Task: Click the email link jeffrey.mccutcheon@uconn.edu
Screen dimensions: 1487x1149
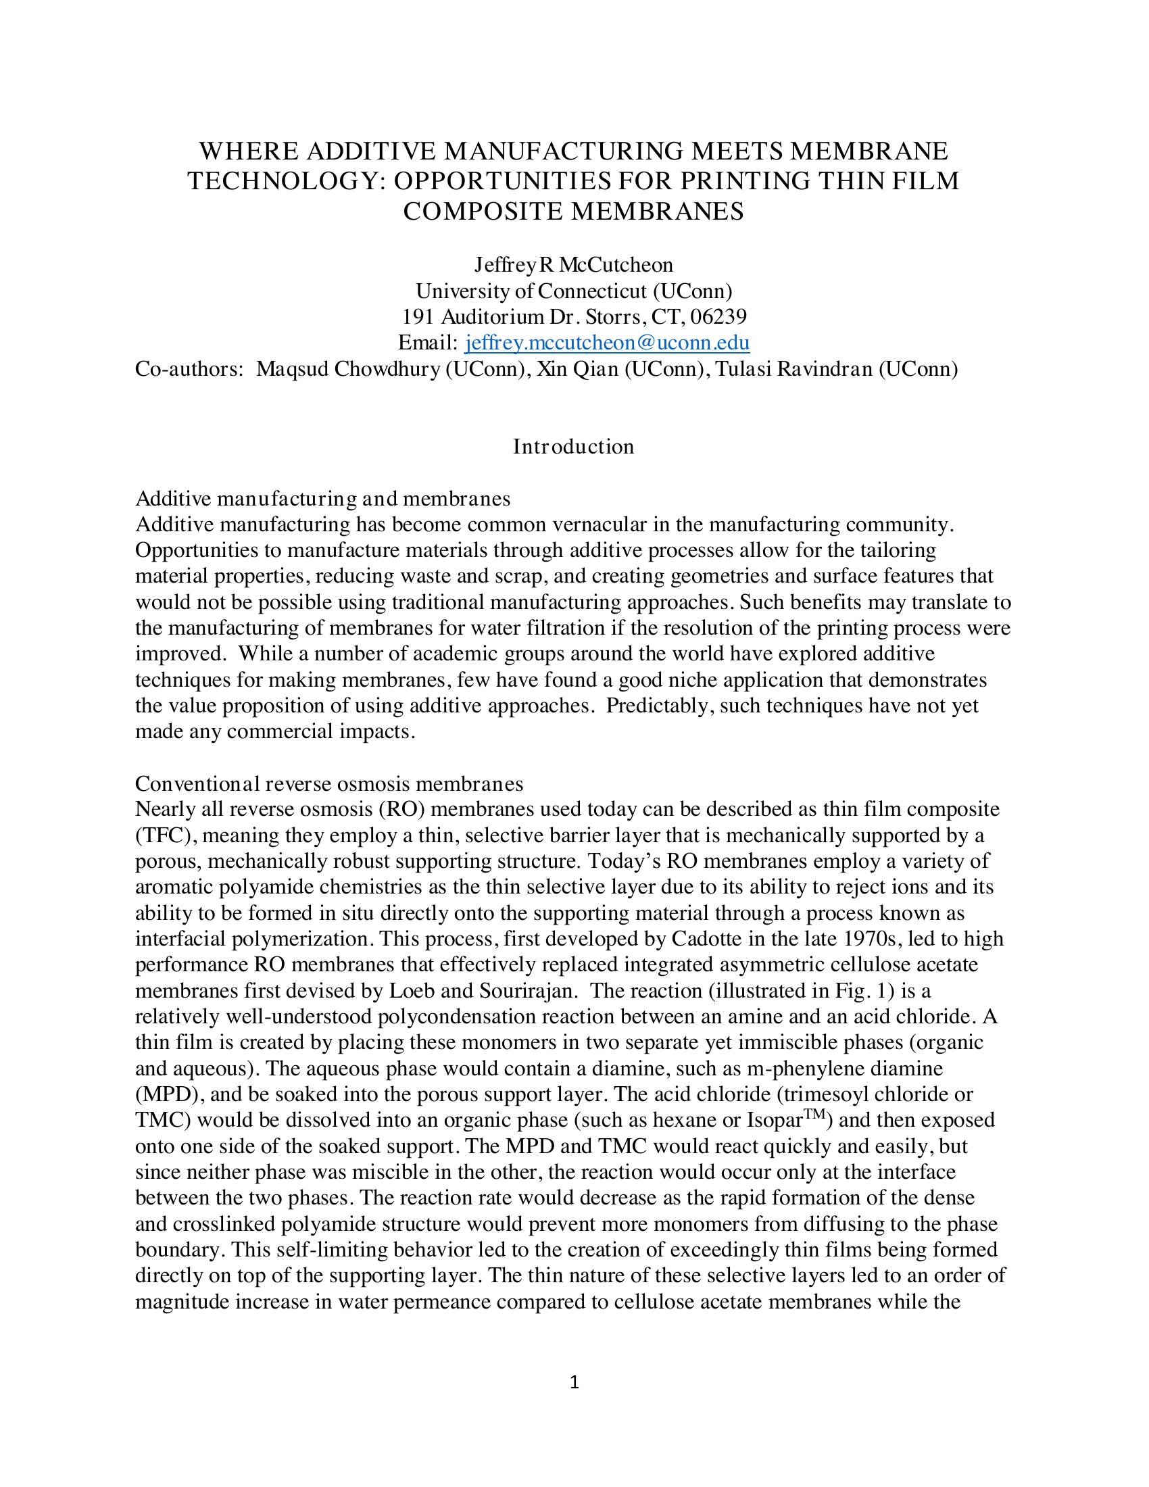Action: [606, 343]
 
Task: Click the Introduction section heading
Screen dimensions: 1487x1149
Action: [573, 447]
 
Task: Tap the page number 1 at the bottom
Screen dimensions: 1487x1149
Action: [574, 1382]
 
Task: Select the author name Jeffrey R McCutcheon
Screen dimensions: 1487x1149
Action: [573, 265]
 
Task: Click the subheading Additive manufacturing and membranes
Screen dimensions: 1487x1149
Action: [322, 499]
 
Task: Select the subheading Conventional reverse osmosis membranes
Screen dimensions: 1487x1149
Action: [329, 783]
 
